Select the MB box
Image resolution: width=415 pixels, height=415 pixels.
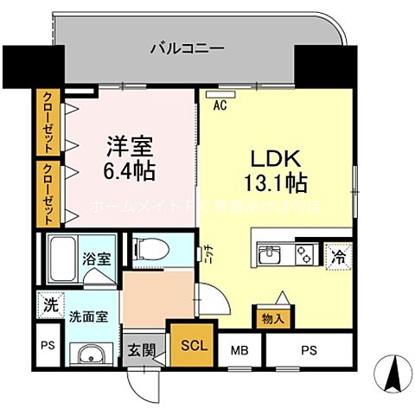tap(239, 352)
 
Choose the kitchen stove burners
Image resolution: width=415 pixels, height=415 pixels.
tap(305, 255)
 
